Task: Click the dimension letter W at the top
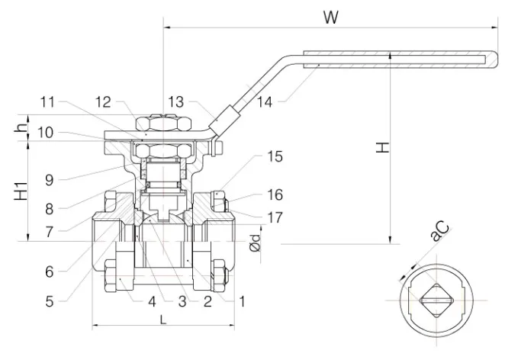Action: pos(330,18)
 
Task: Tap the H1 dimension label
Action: pos(22,191)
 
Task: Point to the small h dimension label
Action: pos(20,128)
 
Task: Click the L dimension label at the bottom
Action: pos(164,320)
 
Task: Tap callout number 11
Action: pos(49,101)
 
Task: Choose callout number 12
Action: pos(103,101)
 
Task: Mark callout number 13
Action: pos(176,101)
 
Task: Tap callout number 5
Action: pos(49,301)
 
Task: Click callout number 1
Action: pos(242,301)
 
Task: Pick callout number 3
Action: pos(182,301)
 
